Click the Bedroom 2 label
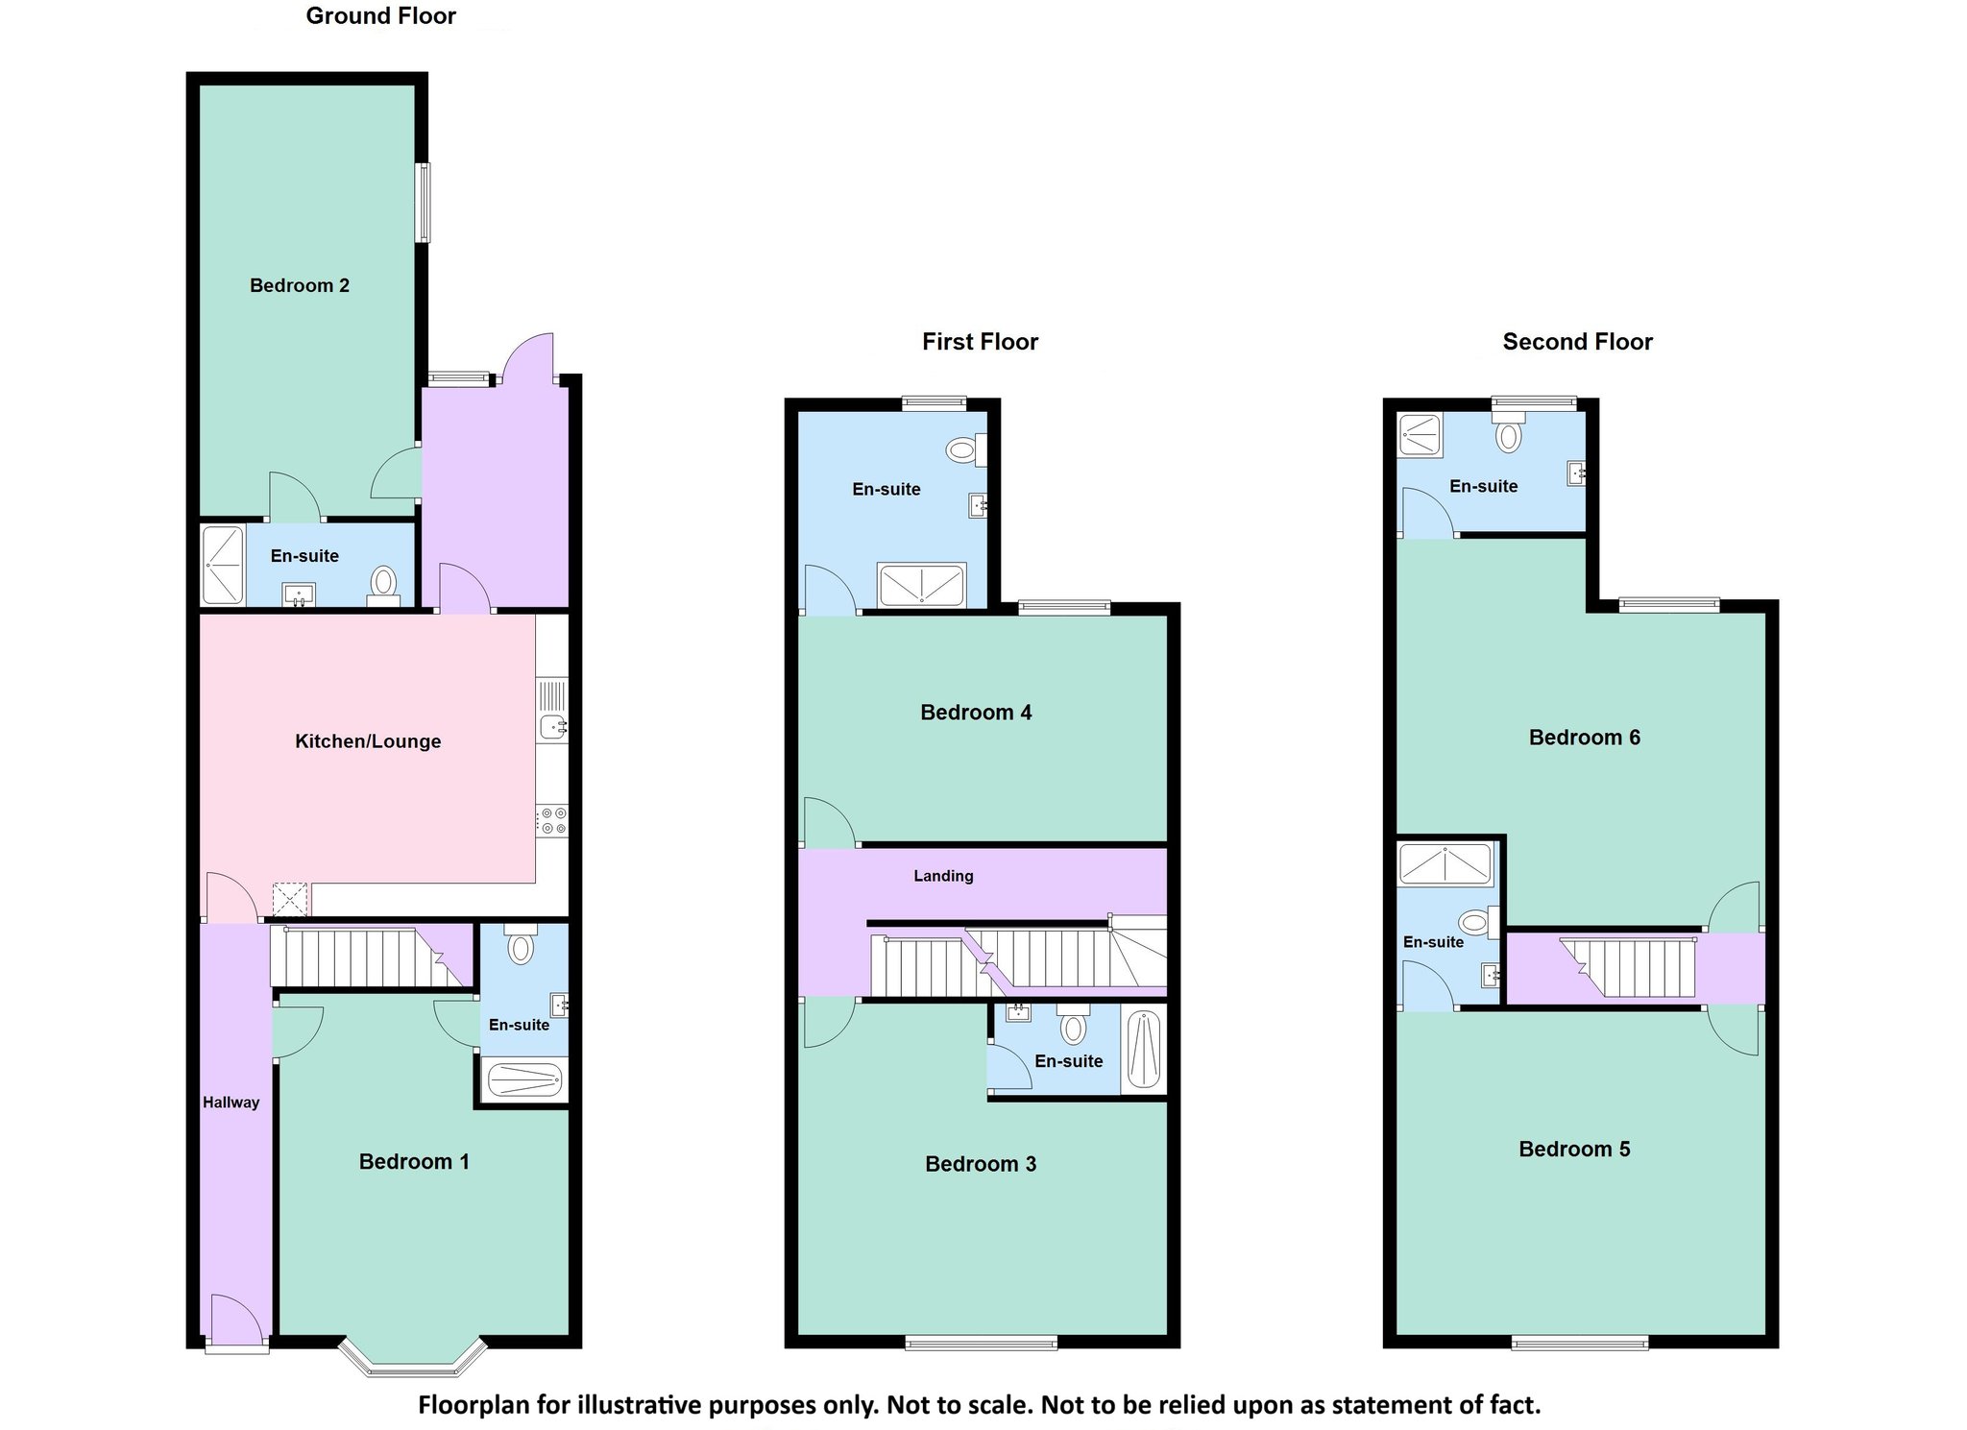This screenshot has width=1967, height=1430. (x=300, y=285)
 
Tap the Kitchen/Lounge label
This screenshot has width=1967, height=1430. (x=368, y=741)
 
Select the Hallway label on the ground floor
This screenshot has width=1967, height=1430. (x=231, y=1103)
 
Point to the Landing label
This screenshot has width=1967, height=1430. (x=943, y=876)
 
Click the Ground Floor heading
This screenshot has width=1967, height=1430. (x=381, y=16)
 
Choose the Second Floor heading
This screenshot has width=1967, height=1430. (x=1578, y=342)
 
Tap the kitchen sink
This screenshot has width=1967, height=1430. (x=552, y=711)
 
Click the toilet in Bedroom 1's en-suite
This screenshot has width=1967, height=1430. (x=521, y=943)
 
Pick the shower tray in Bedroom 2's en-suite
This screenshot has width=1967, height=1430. (x=222, y=565)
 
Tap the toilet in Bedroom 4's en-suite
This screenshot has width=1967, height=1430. (x=966, y=449)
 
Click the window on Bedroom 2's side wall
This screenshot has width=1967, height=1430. (x=423, y=203)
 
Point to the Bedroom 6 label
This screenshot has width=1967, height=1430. (x=1585, y=738)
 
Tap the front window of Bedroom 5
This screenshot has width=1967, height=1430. (x=1581, y=1343)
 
